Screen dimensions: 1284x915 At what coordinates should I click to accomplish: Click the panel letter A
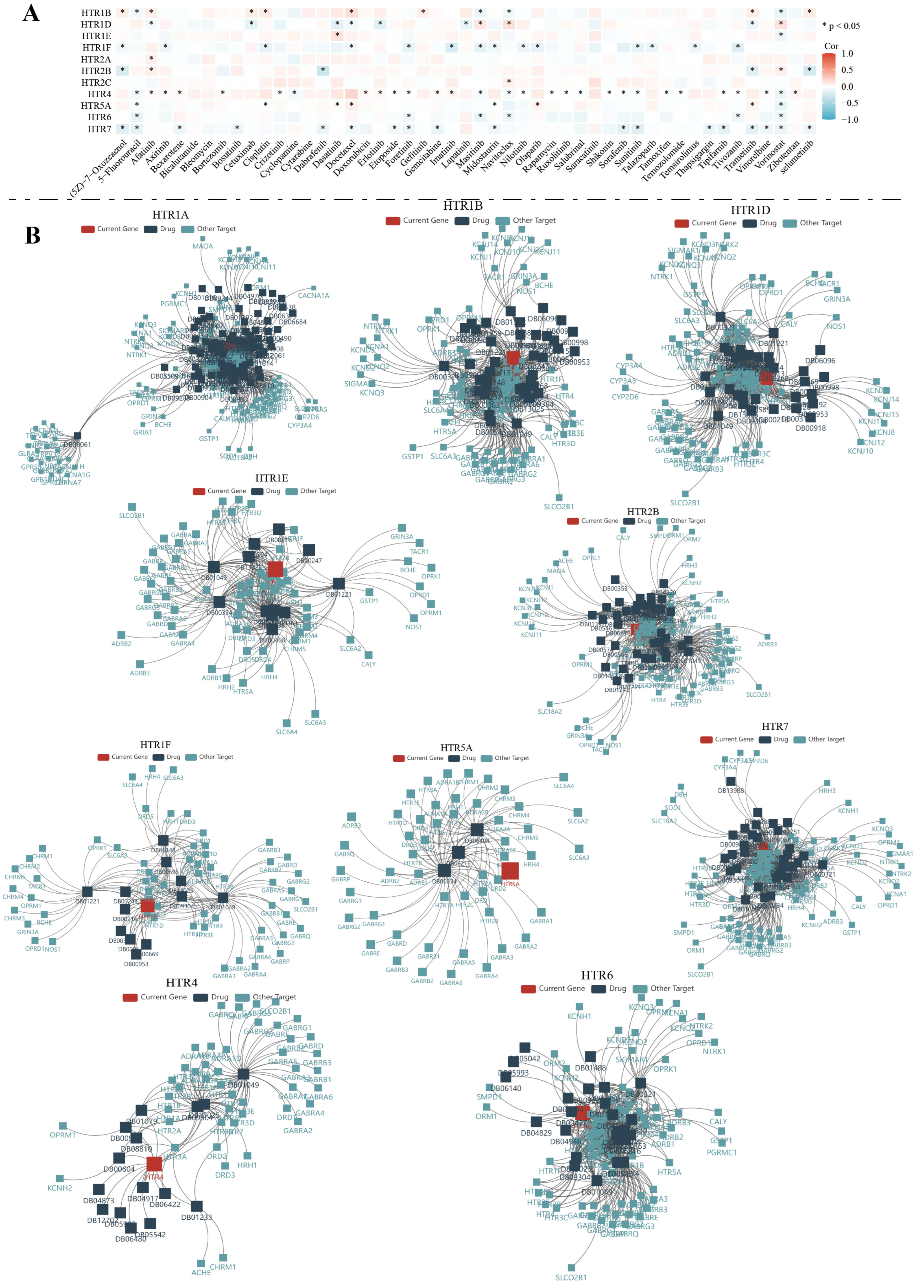point(31,12)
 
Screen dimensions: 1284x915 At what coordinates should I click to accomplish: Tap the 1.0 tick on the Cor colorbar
point(847,54)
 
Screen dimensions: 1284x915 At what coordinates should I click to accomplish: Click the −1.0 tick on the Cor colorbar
point(849,120)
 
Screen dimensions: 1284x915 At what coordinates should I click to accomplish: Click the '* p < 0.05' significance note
point(841,26)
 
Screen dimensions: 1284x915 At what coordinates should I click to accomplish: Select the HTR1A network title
point(170,215)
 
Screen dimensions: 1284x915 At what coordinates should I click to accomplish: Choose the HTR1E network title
point(272,478)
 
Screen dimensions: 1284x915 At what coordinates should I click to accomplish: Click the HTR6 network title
point(597,975)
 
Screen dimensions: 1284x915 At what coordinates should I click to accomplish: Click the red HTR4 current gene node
point(154,1164)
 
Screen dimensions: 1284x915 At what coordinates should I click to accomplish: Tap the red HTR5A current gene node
point(510,871)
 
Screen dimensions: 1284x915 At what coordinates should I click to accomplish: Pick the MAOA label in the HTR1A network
point(203,246)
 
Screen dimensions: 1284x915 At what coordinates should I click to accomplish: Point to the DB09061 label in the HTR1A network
point(77,445)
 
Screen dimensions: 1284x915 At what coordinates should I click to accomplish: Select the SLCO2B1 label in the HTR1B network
point(558,507)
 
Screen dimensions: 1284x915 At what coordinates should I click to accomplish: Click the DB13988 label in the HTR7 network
point(731,790)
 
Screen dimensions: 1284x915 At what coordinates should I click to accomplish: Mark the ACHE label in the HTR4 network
point(200,1273)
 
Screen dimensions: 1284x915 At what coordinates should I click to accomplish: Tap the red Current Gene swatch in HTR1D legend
point(682,223)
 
